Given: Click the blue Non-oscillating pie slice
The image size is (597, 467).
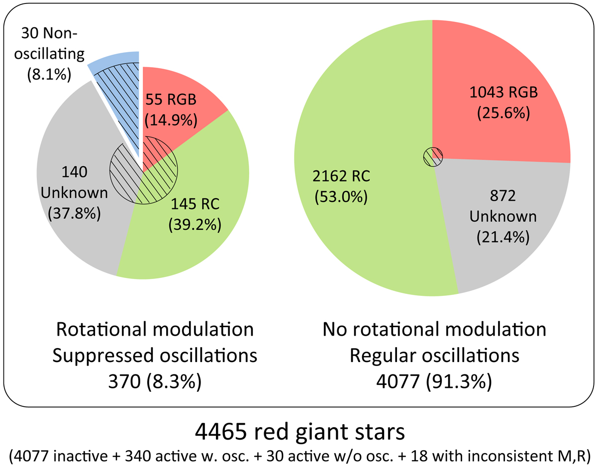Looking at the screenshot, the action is click(x=121, y=91).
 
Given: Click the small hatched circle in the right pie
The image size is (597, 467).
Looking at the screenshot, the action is click(x=433, y=157).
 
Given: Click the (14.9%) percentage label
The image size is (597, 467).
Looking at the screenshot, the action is click(x=171, y=120).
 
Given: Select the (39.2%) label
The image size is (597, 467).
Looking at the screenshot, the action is click(x=195, y=225).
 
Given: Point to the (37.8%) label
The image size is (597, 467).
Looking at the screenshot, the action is click(x=74, y=213).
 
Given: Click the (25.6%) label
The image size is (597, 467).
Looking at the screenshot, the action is click(x=503, y=113).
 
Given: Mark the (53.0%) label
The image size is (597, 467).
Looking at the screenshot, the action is click(x=341, y=197).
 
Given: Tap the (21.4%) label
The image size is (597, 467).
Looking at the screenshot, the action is click(x=503, y=237).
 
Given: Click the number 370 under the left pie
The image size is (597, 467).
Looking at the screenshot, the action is click(x=124, y=381).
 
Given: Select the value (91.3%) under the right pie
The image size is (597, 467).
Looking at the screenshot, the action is click(x=459, y=381).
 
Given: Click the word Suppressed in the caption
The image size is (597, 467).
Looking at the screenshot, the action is click(x=103, y=356).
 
